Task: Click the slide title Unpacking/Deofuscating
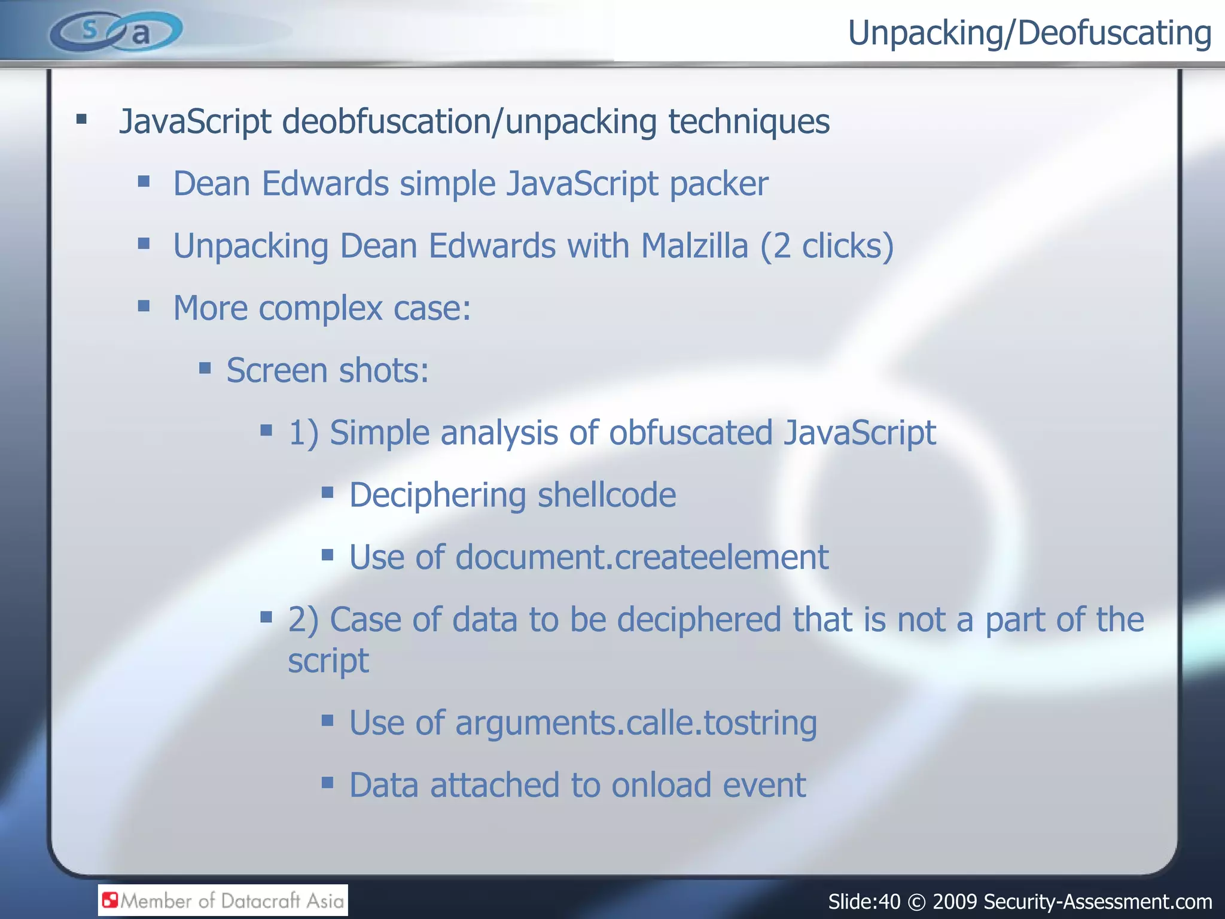(x=1029, y=34)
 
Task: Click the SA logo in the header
(x=115, y=31)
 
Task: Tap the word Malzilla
(x=694, y=246)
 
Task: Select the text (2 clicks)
(x=827, y=246)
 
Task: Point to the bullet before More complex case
(x=144, y=306)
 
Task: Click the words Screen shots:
(x=328, y=370)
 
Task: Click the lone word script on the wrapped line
(x=328, y=661)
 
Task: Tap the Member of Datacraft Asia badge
(x=223, y=900)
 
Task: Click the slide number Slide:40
(x=864, y=901)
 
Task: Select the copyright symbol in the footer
(x=916, y=902)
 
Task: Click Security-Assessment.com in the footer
(x=1098, y=901)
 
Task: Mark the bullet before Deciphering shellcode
(x=327, y=493)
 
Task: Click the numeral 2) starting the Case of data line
(x=303, y=620)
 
